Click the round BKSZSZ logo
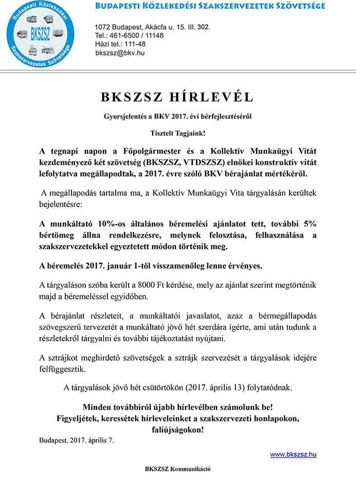[42, 35]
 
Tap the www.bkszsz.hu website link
[293, 454]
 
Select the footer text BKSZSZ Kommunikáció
[177, 469]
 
